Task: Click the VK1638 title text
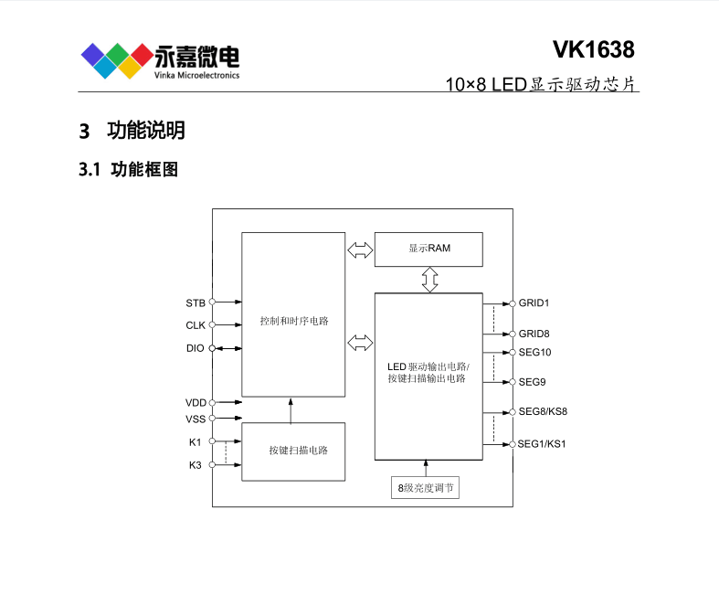click(593, 49)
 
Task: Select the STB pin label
click(196, 302)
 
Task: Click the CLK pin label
click(196, 324)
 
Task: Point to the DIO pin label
click(196, 348)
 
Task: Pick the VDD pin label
click(196, 402)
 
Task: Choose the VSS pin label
click(196, 419)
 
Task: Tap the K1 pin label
click(196, 442)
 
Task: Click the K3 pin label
click(196, 465)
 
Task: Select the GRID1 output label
click(534, 302)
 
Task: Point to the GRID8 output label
click(534, 334)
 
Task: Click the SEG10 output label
click(535, 352)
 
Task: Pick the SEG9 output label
click(533, 382)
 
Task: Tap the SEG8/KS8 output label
click(543, 412)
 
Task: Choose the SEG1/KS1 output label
click(543, 444)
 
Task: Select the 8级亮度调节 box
click(424, 489)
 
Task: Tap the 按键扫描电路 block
click(293, 451)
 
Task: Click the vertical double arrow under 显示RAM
click(429, 280)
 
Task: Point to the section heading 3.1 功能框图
click(129, 170)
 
